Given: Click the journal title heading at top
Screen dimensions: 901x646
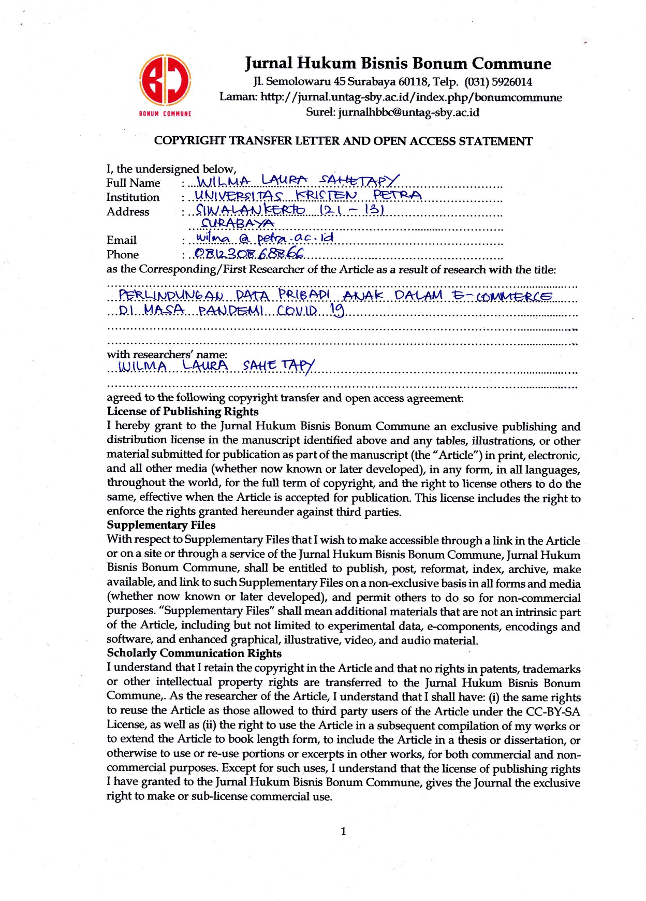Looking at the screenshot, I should coord(398,64).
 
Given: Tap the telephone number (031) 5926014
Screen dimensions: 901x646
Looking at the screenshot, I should coord(498,82).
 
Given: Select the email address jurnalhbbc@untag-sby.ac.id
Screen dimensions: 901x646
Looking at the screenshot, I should coord(408,112).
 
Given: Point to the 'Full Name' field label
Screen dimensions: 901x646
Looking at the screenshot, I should coord(133,183).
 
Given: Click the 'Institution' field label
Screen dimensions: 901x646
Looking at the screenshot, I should coord(133,197).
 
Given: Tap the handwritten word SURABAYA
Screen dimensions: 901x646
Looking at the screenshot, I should coord(237,224).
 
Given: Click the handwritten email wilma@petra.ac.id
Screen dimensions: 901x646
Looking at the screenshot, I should coord(265,238).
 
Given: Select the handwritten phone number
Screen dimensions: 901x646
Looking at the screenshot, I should coord(248,253).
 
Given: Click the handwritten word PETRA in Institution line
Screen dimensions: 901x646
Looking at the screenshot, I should coord(397,195).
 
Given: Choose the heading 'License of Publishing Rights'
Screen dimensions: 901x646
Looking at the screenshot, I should coord(183,412).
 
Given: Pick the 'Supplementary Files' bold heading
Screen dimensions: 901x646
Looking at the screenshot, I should coord(161,525).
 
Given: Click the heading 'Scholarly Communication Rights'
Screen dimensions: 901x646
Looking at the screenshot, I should coord(194,653).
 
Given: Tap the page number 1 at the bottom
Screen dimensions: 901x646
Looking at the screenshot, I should coord(343,832).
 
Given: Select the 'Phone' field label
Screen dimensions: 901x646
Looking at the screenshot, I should coord(123,255).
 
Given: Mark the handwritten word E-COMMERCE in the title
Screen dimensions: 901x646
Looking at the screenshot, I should coord(502,296).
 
